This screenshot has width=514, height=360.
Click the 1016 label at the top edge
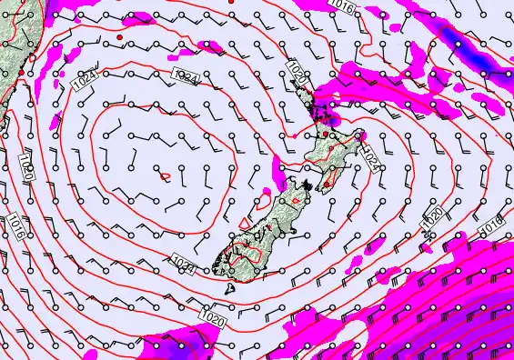click(341, 6)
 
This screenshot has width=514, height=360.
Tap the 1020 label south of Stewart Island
click(215, 318)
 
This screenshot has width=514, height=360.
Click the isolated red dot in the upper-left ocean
click(119, 36)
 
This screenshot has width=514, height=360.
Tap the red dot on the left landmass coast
click(33, 60)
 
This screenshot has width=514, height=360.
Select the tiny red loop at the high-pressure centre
click(165, 175)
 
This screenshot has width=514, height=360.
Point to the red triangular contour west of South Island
click(244, 221)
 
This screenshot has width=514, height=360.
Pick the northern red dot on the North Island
click(326, 135)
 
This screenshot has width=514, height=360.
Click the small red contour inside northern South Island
click(295, 197)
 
